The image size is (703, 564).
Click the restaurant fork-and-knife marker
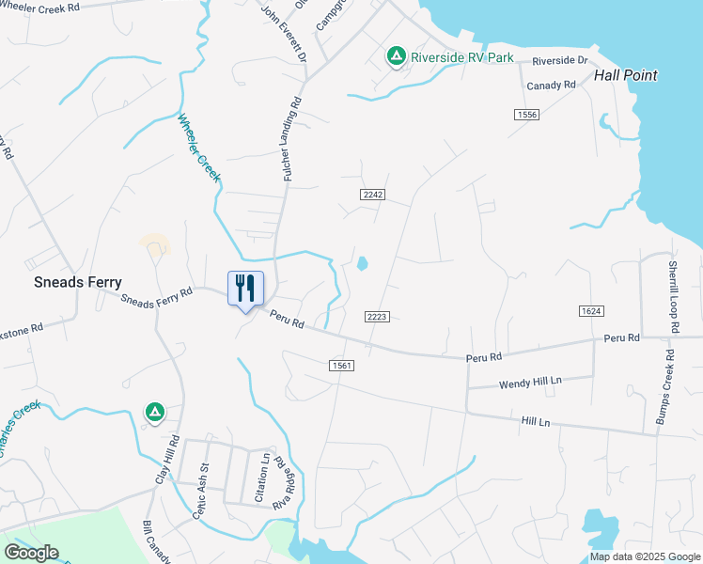coord(245,289)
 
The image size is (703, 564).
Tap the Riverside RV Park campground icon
coord(397,57)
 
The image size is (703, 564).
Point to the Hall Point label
coord(625,75)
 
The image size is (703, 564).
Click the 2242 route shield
coord(373,194)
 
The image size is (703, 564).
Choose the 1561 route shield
coord(341,365)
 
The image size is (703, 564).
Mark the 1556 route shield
coord(526,114)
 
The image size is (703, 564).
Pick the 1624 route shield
coord(590,310)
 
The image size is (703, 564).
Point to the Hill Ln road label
coord(535,422)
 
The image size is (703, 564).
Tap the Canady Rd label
coord(551,85)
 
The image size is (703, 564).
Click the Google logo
coord(31,553)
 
